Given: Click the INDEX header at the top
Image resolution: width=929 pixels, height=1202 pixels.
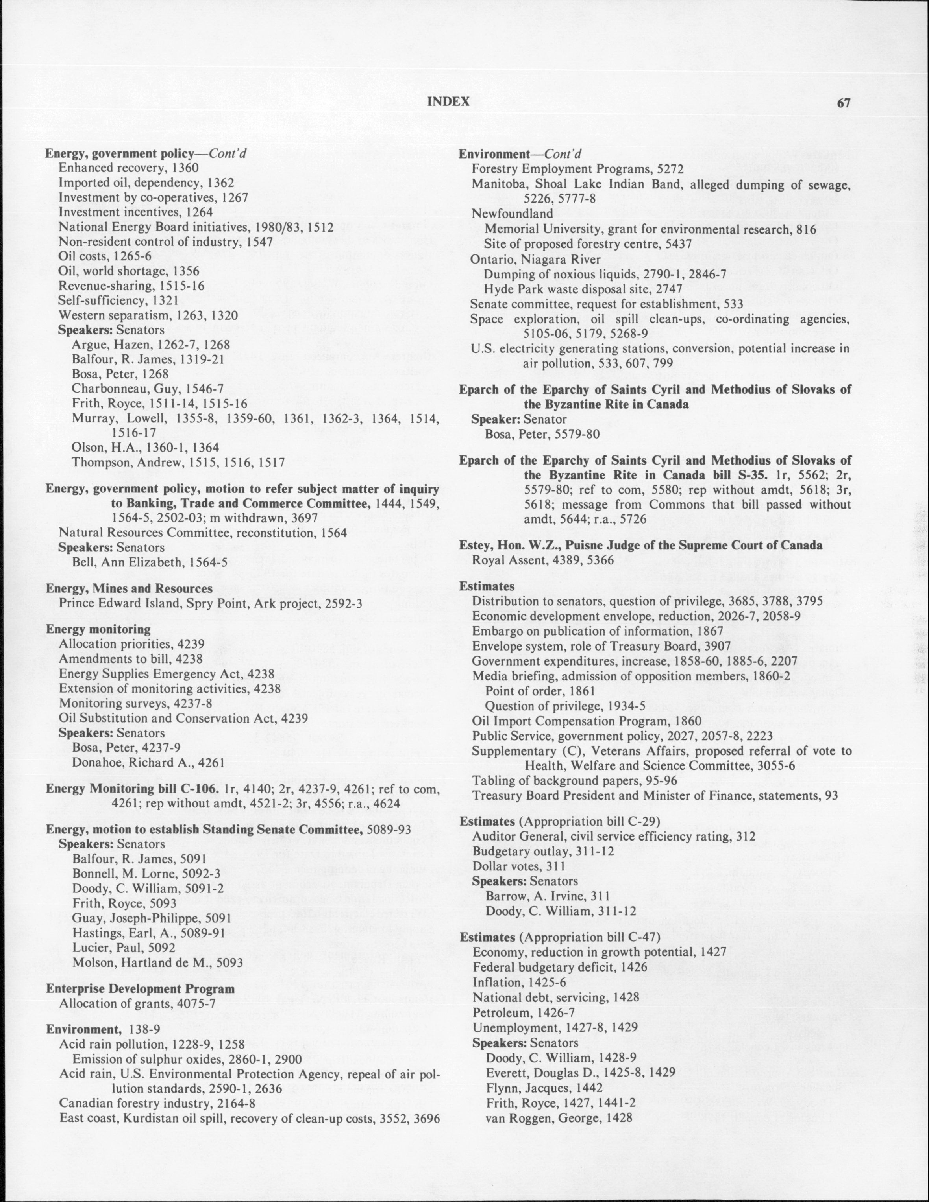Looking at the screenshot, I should click(448, 101).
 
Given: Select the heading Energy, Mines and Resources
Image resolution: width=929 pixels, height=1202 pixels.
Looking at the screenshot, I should click(130, 588).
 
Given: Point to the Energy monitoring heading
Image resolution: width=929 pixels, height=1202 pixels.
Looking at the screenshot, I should click(98, 629).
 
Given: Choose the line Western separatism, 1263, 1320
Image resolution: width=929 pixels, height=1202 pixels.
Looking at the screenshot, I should click(148, 315).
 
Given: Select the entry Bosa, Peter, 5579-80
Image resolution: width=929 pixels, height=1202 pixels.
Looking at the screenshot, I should click(542, 434).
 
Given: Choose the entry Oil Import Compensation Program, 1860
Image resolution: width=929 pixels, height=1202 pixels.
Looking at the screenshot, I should click(587, 721).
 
